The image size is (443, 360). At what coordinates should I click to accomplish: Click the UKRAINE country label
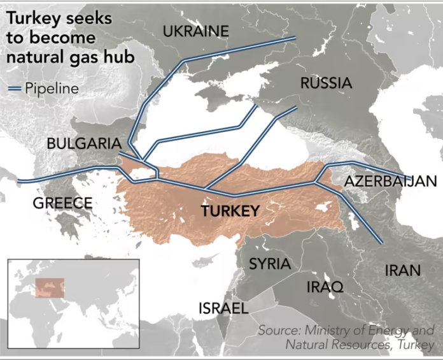pyautogui.click(x=195, y=31)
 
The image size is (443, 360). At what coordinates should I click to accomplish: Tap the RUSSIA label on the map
pyautogui.click(x=326, y=83)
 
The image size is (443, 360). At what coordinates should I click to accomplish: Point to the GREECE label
pyautogui.click(x=62, y=203)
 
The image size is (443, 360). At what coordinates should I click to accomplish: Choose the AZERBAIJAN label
pyautogui.click(x=391, y=182)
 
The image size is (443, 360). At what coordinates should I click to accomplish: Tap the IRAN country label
pyautogui.click(x=402, y=270)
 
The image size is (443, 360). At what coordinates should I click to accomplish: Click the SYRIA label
pyautogui.click(x=269, y=264)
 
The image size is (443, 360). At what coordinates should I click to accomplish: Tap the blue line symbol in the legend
pyautogui.click(x=14, y=89)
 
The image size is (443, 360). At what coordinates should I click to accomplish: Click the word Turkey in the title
pyautogui.click(x=32, y=20)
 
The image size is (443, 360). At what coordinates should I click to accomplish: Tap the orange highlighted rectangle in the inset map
pyautogui.click(x=50, y=288)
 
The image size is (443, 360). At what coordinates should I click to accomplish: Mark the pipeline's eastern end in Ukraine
pyautogui.click(x=295, y=39)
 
